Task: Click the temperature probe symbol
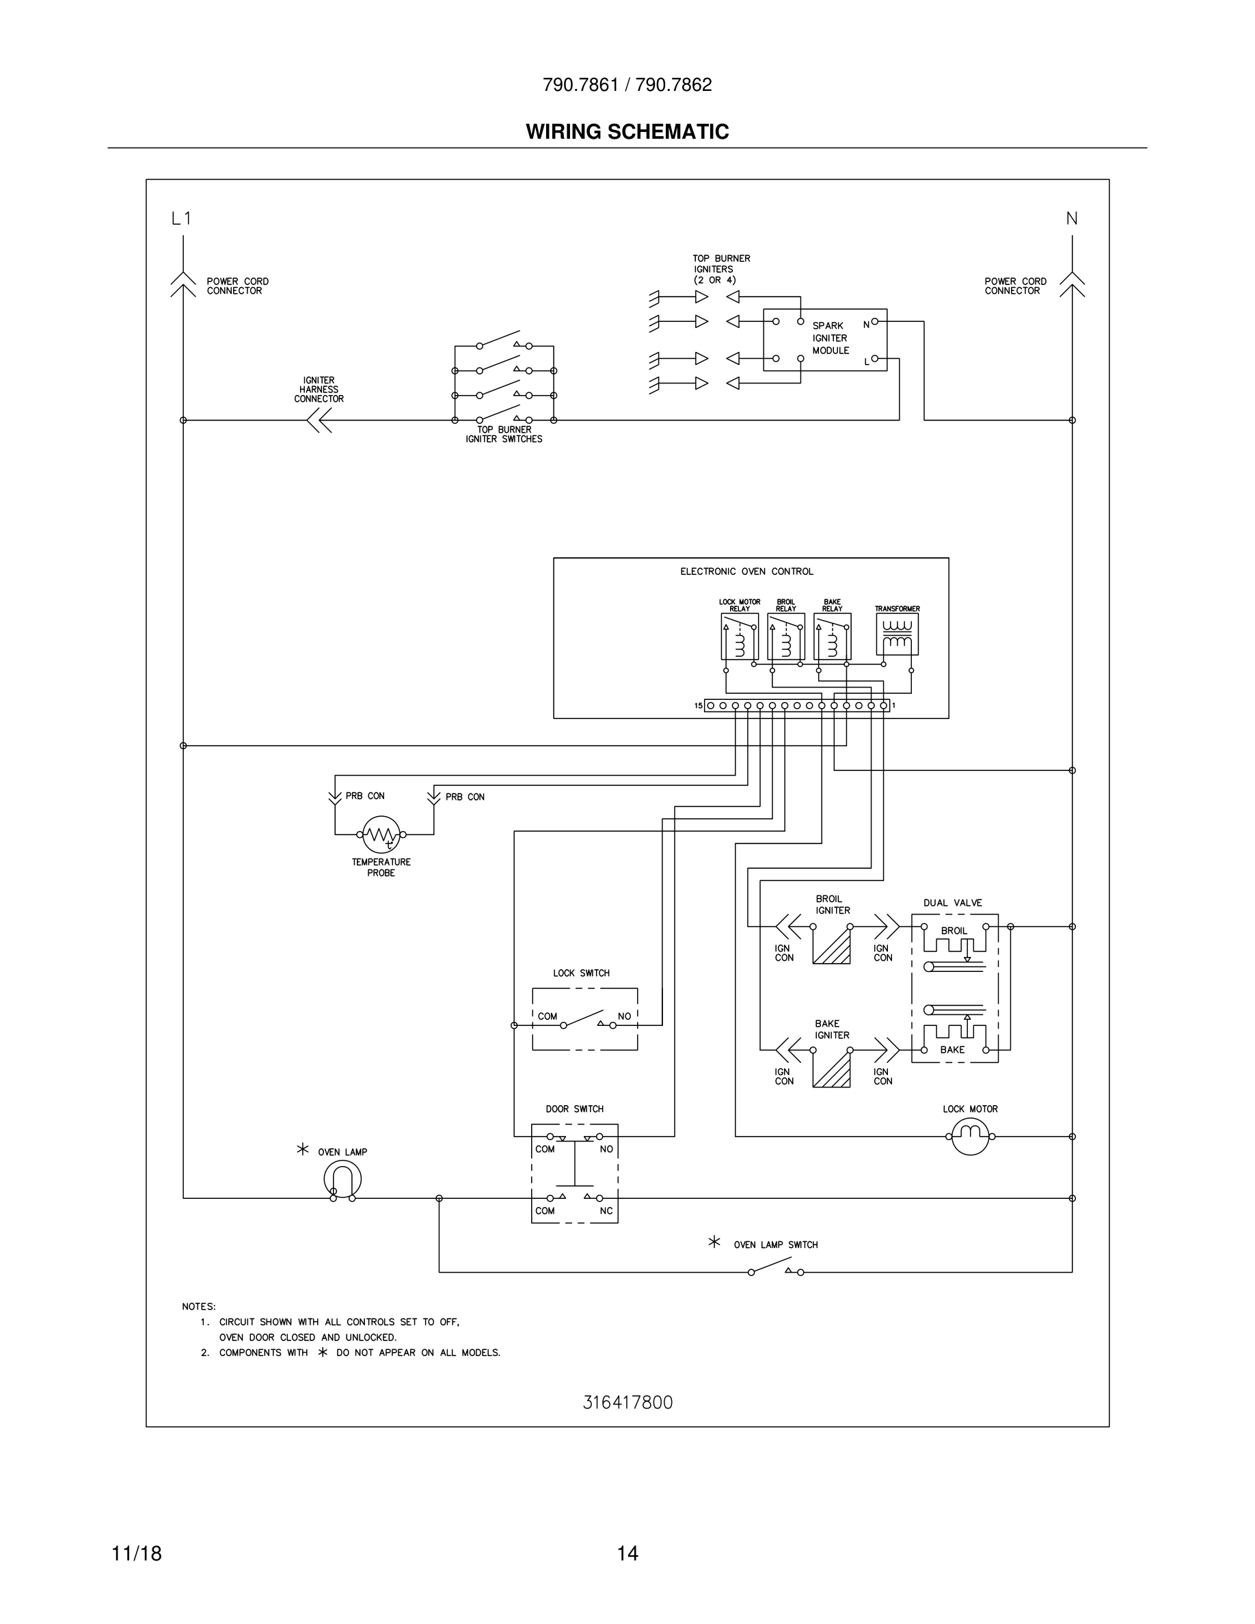(381, 835)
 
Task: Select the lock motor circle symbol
(970, 1136)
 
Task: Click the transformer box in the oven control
(898, 634)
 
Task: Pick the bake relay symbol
(832, 636)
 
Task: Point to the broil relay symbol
(786, 636)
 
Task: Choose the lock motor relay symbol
(739, 636)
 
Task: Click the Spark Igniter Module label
(830, 338)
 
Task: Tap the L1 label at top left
(181, 219)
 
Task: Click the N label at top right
(1071, 219)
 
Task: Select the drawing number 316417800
(627, 1403)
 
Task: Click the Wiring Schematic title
(627, 132)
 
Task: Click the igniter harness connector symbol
(320, 421)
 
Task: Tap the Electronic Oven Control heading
(746, 572)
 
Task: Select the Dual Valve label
(952, 903)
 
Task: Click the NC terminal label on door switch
(606, 1210)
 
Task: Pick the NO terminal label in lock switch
(624, 1016)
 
